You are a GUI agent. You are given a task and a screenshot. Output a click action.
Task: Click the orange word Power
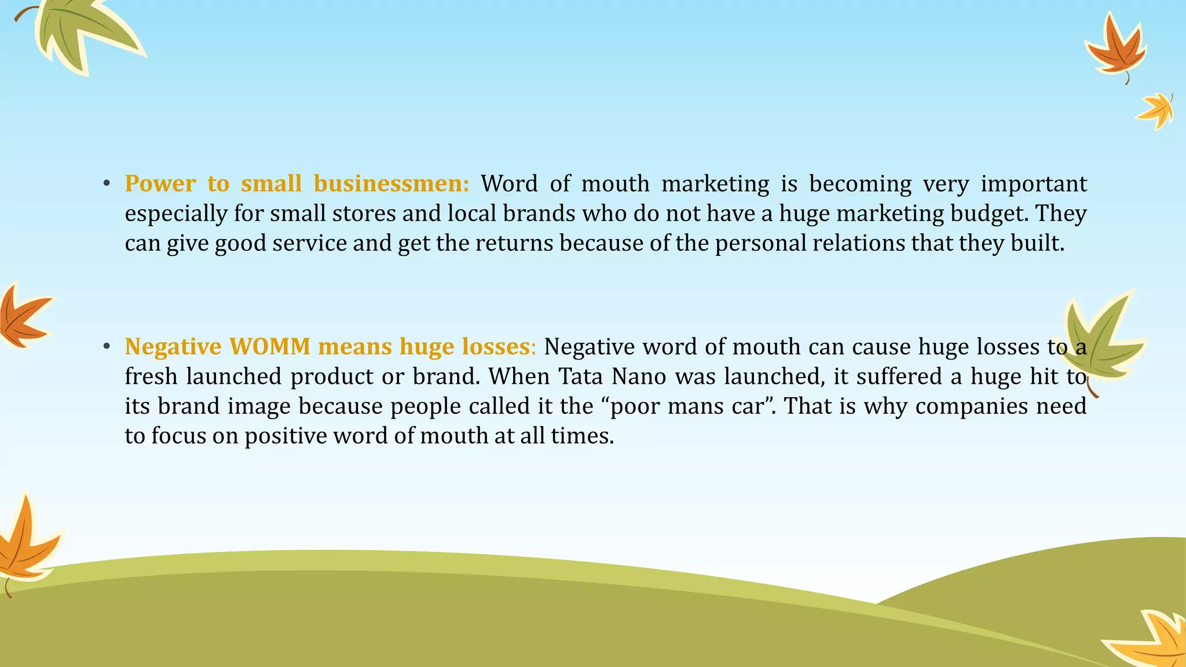click(x=160, y=184)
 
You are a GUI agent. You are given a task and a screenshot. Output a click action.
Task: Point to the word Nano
click(x=639, y=376)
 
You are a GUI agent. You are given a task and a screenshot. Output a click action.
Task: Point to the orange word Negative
click(x=173, y=346)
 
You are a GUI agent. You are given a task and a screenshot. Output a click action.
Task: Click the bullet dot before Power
click(x=106, y=184)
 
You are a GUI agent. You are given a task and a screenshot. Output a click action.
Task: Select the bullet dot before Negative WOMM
click(x=106, y=347)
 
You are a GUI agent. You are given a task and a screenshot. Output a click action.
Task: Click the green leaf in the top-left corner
click(x=81, y=32)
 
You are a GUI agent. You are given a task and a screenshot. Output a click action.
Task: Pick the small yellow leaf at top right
click(x=1157, y=111)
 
